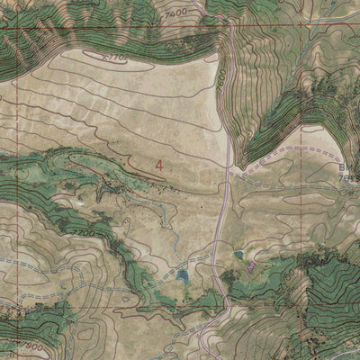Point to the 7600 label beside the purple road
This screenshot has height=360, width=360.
point(220,79)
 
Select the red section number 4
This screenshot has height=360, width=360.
point(159,166)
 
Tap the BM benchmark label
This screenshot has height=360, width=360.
point(351,168)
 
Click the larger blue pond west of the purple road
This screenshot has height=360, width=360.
point(184,276)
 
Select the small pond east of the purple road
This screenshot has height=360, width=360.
point(239,256)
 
